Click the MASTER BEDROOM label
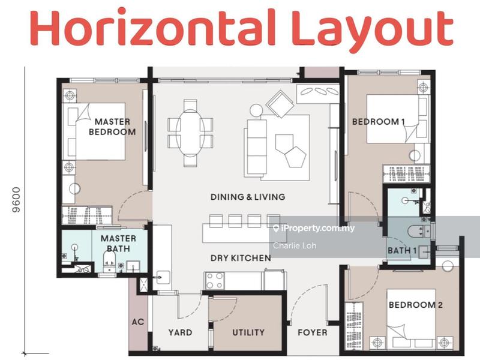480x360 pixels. pos(112,127)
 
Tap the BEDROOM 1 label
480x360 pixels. pos(378,122)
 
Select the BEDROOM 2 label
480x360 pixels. pos(415,305)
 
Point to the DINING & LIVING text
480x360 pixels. pos(248,197)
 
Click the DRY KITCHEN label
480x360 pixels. pos(240,258)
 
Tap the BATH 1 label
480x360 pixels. pos(400,250)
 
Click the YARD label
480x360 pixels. pos(179,332)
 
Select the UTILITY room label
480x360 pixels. pos(248,332)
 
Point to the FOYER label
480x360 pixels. pos(312,332)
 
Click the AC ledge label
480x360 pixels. pos(137,322)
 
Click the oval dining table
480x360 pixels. pos(191,133)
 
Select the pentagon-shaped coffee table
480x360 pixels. pos(294,157)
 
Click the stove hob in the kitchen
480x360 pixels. pos(215,280)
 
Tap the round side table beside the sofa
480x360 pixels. pos(257,110)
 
